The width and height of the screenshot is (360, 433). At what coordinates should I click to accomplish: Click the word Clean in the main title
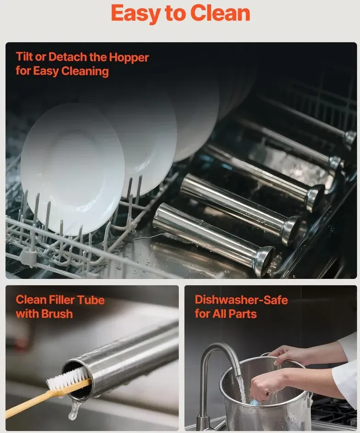(220, 13)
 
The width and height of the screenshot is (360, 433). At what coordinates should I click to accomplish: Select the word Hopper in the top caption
(129, 57)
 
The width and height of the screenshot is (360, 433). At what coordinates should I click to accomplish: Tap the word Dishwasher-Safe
(241, 300)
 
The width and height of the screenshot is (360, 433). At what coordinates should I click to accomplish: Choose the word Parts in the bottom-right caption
(243, 314)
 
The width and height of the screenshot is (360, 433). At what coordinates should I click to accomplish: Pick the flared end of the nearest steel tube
(264, 260)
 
